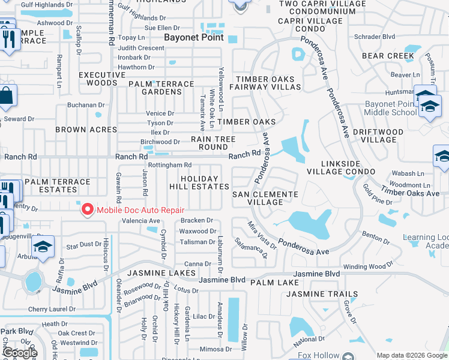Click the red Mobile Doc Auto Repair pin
click(88, 209)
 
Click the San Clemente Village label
click(265, 198)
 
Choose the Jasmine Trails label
click(322, 295)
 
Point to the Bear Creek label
click(388, 56)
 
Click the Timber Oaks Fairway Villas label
click(268, 83)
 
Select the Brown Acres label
click(86, 130)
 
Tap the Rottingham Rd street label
click(169, 165)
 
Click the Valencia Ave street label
click(142, 221)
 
